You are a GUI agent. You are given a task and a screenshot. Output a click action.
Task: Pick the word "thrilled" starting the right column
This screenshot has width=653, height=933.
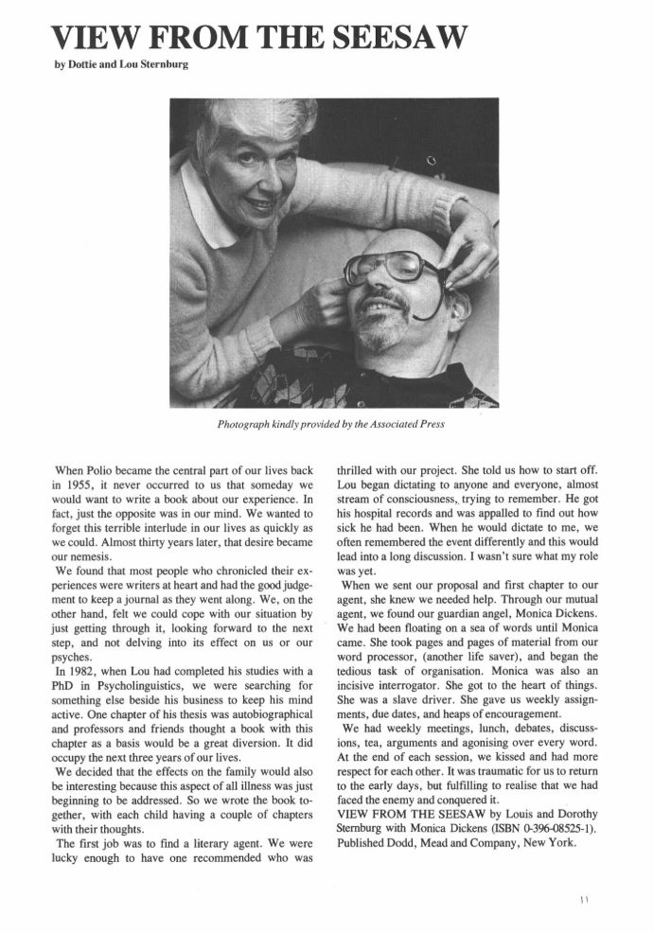point(360,467)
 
